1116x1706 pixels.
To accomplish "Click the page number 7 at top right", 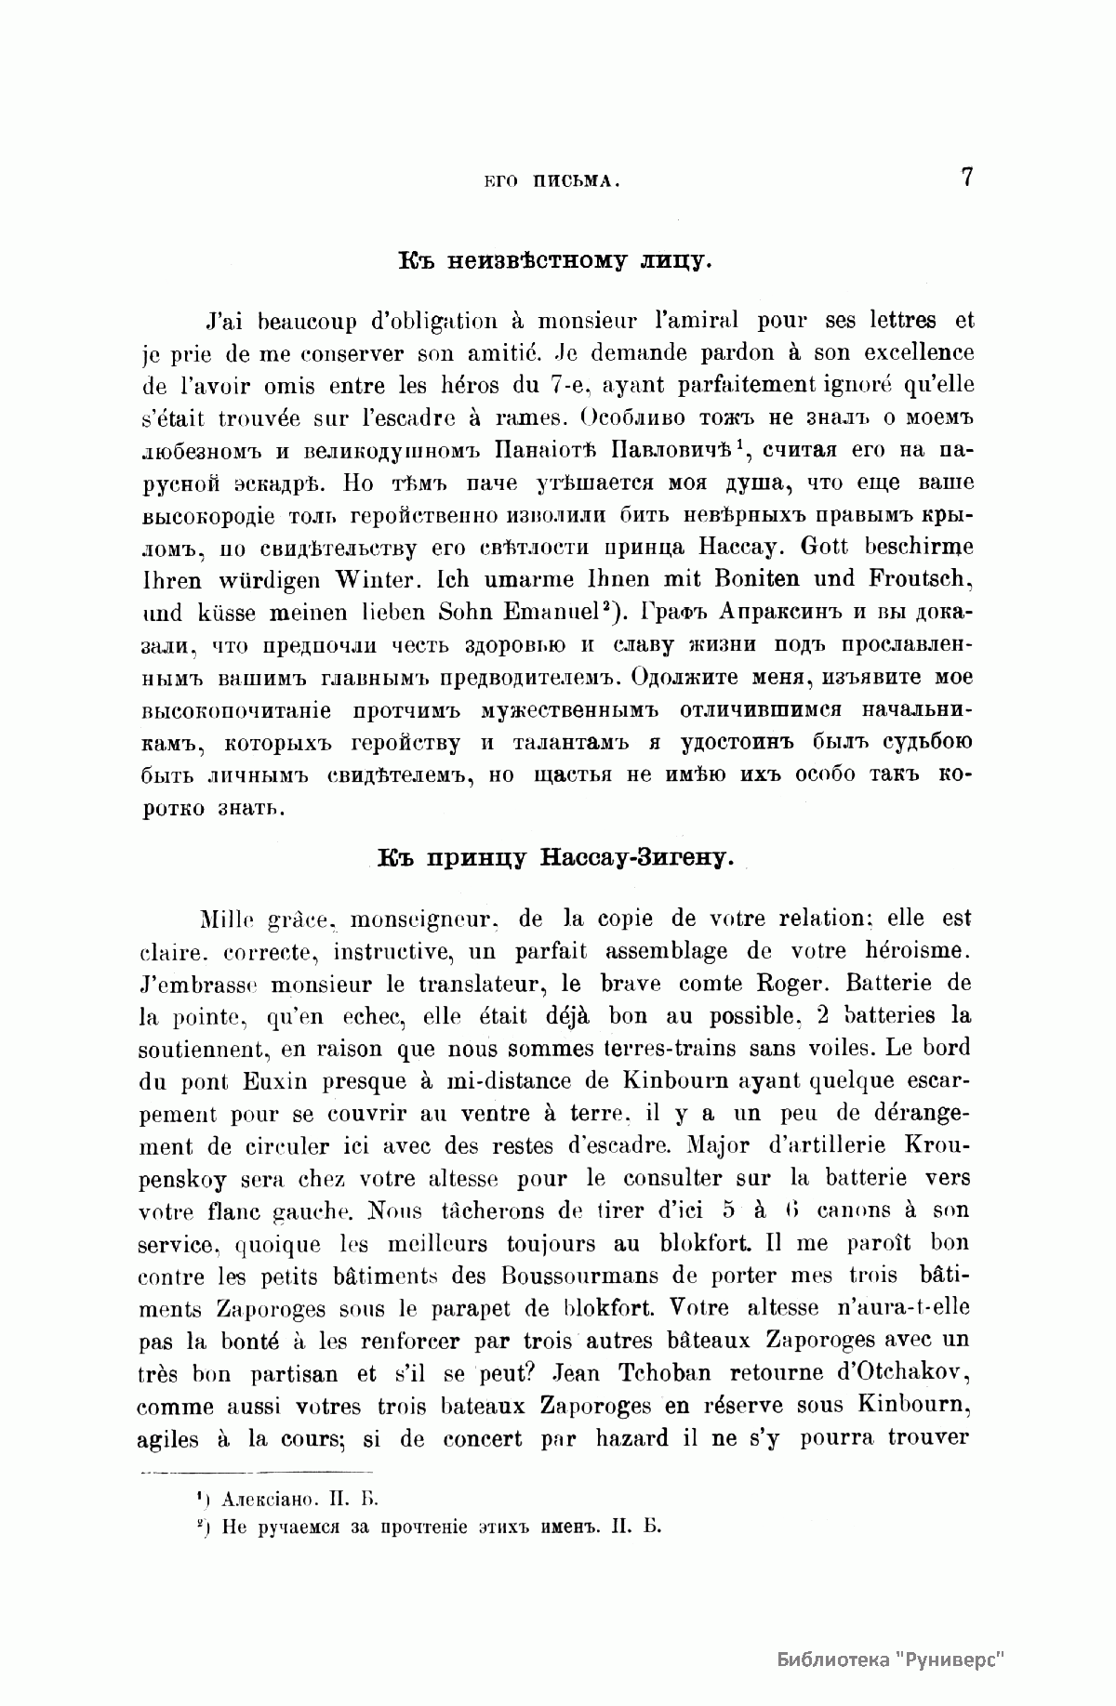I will coord(966,177).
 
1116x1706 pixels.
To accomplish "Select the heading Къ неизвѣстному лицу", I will coord(555,258).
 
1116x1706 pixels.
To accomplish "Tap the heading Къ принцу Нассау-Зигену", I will coord(556,856).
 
